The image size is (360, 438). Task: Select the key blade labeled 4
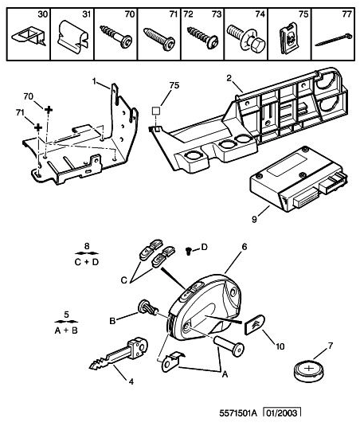[119, 354]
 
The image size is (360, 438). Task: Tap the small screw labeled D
[189, 251]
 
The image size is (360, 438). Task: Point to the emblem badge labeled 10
[254, 325]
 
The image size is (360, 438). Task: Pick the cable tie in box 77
[333, 40]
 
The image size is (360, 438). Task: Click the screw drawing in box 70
[116, 36]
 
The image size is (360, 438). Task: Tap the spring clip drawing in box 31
[72, 34]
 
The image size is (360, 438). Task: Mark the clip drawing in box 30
[29, 37]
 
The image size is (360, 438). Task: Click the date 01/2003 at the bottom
[282, 413]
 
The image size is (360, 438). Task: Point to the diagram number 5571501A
[238, 413]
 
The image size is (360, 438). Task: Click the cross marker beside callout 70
[49, 109]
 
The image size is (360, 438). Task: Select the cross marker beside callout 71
[38, 127]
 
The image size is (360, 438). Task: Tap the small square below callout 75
[155, 111]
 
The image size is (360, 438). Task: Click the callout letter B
[112, 321]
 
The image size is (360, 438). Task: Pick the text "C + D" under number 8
[87, 262]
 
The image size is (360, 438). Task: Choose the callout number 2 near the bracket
[229, 79]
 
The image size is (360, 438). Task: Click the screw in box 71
[159, 38]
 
